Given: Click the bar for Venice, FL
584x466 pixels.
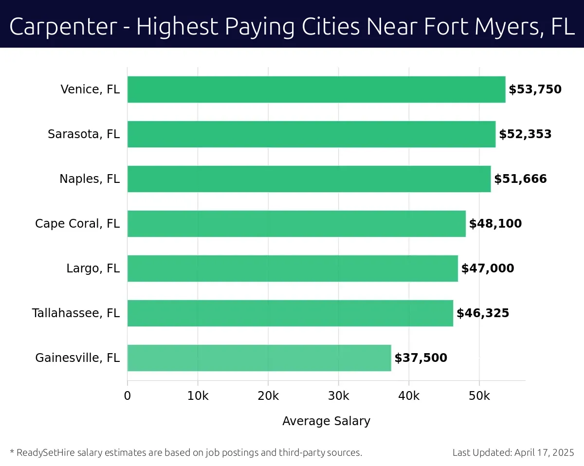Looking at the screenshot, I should coord(316,90).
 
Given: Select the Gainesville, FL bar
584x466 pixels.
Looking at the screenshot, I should coord(259,358).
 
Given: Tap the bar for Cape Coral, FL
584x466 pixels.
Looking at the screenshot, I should coord(296,224).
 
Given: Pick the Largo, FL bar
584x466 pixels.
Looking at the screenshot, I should coord(292,269).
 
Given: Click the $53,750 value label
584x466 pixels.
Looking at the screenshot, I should coord(535,90).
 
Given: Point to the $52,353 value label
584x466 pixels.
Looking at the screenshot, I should coord(525,134).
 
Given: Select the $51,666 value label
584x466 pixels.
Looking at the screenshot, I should coord(520,179).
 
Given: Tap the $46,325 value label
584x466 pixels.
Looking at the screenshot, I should coord(482,313).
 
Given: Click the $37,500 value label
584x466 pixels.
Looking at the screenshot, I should coord(420,358).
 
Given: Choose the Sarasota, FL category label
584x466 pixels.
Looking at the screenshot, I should coord(84,134).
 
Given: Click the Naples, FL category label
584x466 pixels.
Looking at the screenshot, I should coord(90,179).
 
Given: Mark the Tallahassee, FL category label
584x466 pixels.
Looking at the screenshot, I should coord(76,313).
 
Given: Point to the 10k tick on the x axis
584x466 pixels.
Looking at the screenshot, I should coord(198,396).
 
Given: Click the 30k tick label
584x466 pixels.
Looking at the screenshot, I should coord(338,396).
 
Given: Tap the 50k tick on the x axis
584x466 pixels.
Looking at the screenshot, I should coord(479,396).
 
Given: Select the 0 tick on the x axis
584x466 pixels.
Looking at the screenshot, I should coord(128,396).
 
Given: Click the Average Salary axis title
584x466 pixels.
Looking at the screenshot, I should coord(326,421).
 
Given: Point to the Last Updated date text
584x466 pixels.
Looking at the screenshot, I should coord(513,452).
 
